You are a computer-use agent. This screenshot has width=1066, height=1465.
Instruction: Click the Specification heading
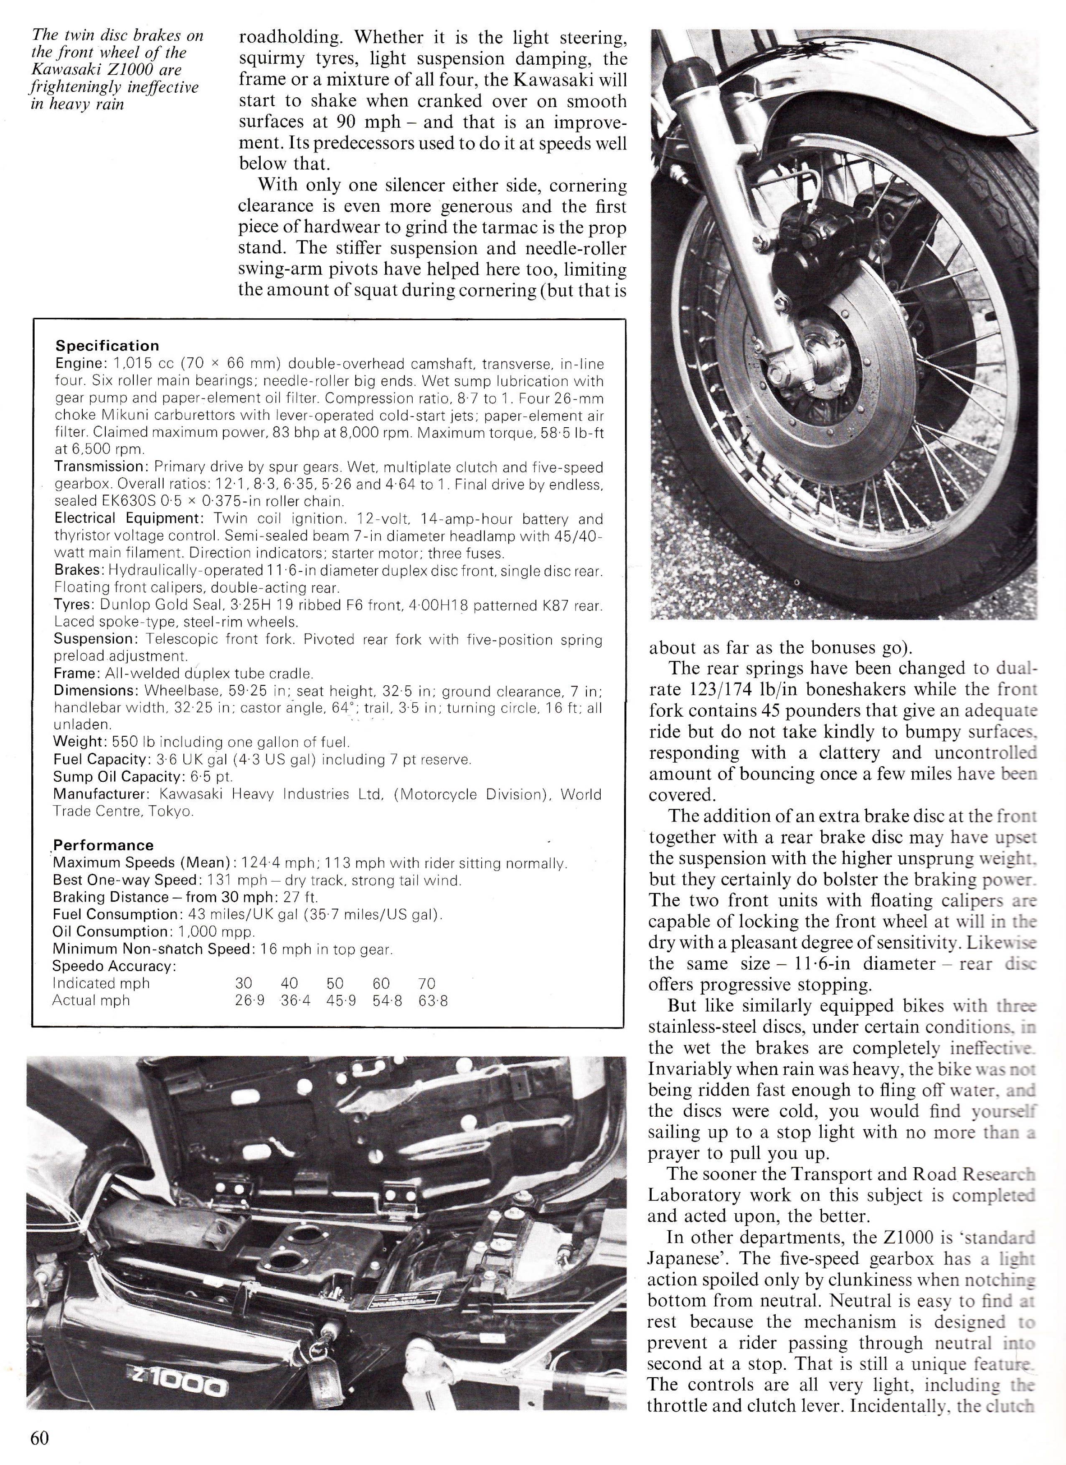pos(107,346)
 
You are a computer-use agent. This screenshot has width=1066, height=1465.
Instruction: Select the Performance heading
pos(103,846)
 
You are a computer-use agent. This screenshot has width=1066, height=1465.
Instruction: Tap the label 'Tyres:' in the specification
pos(74,605)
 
